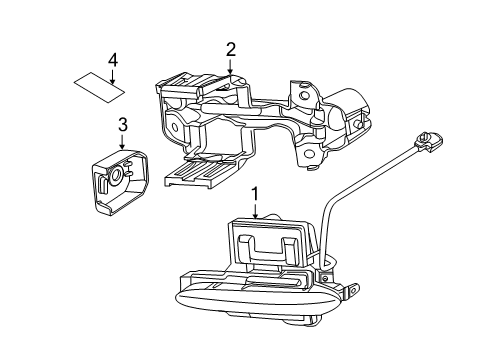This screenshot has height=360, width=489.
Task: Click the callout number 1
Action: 255,194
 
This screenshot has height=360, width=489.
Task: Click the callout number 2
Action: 230,48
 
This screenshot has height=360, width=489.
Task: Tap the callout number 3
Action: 123,124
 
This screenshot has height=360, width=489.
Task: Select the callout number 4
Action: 113,60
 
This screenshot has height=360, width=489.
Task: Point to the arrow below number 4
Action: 113,75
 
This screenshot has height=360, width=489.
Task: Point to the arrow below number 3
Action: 123,139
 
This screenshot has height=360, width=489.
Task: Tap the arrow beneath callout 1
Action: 255,210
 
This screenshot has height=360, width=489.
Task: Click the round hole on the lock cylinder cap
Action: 118,175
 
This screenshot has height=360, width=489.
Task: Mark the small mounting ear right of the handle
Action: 351,292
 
